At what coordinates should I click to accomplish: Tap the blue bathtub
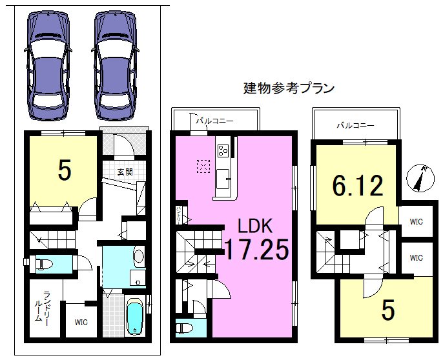(x=134, y=318)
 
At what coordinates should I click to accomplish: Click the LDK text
(x=256, y=226)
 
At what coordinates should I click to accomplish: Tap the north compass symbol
(x=420, y=179)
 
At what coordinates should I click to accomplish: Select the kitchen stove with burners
(x=223, y=151)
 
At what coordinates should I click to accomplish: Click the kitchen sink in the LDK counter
(x=223, y=176)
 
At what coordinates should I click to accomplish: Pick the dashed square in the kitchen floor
(x=203, y=166)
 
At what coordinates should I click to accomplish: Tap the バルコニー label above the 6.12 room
(x=355, y=125)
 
